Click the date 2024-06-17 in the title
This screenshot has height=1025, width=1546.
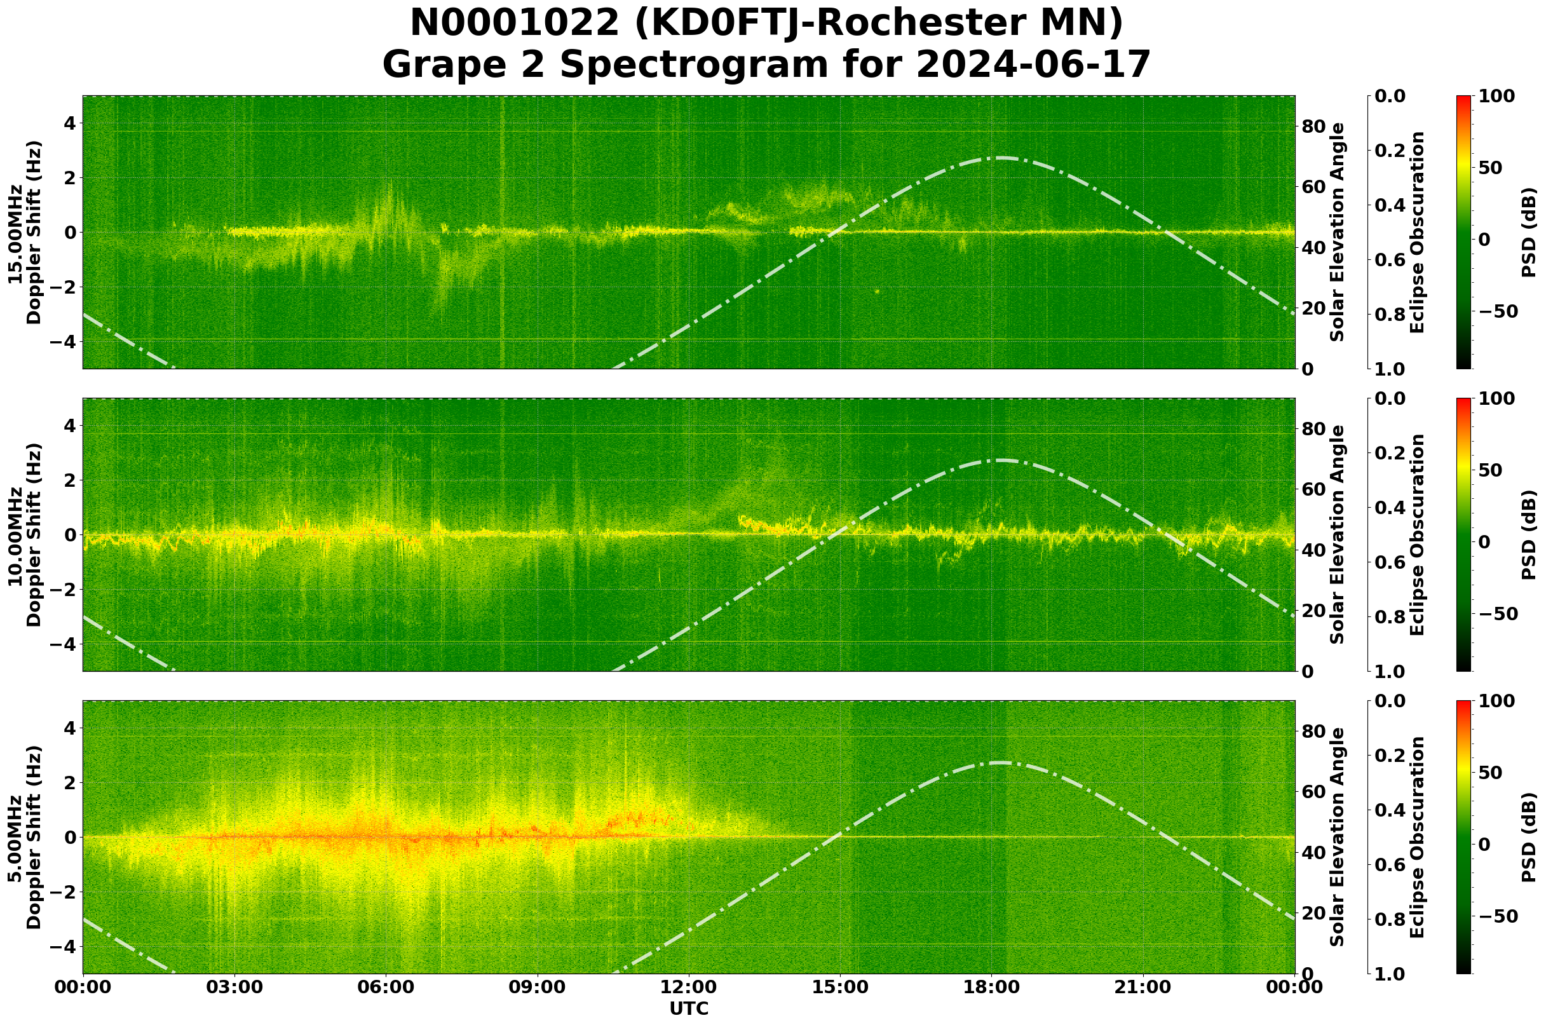click(1032, 65)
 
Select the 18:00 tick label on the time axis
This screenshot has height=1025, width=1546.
click(991, 987)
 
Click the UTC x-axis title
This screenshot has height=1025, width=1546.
click(688, 1008)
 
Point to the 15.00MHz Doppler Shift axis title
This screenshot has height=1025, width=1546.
click(25, 233)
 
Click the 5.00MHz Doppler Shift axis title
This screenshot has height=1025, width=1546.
click(25, 838)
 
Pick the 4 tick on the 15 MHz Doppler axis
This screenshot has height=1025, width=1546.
click(69, 123)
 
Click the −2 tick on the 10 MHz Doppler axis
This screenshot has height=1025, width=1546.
click(64, 590)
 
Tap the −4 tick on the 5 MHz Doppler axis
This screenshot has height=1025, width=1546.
click(64, 947)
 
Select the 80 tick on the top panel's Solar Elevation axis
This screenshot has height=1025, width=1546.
click(1313, 127)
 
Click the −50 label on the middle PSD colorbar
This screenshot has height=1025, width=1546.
click(1496, 614)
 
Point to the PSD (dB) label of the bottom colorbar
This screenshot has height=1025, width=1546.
click(1528, 838)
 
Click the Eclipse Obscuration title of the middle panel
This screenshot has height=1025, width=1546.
click(1416, 534)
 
